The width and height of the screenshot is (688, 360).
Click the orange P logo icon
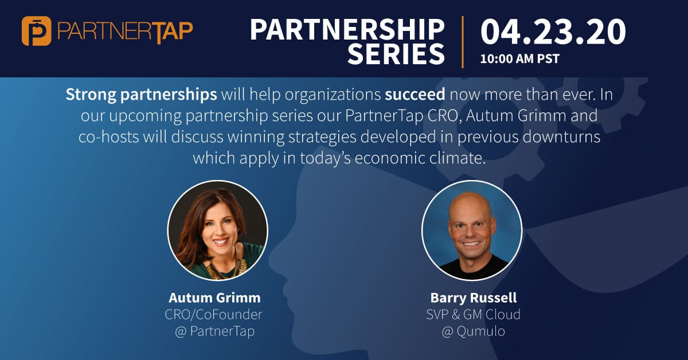click(36, 31)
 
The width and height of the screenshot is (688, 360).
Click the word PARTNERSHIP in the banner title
click(347, 30)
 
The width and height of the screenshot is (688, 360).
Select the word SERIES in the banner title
click(396, 54)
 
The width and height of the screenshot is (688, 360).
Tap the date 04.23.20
click(553, 32)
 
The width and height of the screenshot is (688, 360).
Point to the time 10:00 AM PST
click(519, 58)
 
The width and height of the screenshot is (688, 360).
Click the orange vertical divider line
click(463, 42)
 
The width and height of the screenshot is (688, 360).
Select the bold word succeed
click(415, 95)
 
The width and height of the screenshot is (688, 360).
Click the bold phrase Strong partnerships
click(141, 95)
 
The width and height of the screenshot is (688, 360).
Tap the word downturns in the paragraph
click(561, 136)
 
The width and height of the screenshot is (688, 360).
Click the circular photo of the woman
click(217, 230)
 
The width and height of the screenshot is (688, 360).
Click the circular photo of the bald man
click(472, 230)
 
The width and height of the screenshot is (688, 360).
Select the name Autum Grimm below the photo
click(214, 298)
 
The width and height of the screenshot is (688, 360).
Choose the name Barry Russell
click(474, 298)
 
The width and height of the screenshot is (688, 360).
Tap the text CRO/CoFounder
click(213, 315)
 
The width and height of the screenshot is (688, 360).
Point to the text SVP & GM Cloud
click(474, 315)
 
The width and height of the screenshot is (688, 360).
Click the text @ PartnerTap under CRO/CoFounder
click(214, 331)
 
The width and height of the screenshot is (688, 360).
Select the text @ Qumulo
click(474, 331)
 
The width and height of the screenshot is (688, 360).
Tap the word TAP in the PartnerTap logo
click(173, 32)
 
